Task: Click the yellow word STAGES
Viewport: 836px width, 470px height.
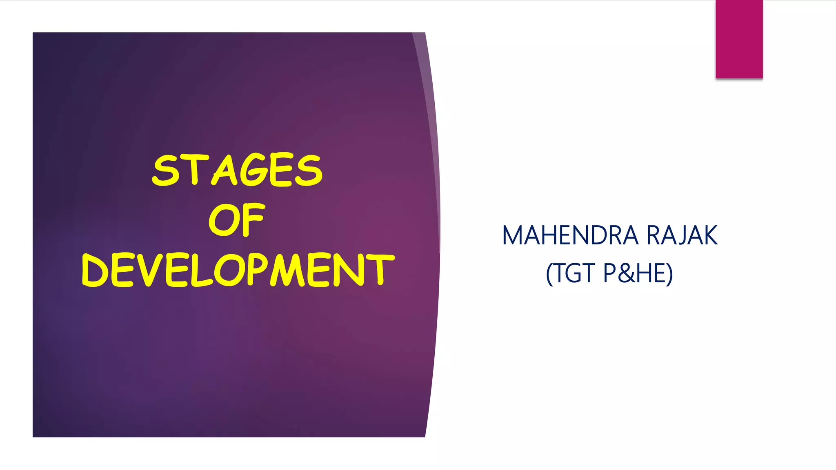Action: point(237,170)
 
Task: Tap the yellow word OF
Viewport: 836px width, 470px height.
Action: point(236,220)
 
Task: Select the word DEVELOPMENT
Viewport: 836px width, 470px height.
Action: point(238,270)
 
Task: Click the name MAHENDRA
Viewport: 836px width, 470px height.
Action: point(570,235)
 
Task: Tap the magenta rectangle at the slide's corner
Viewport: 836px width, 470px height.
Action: point(739,39)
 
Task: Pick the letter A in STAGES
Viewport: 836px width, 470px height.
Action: point(224,171)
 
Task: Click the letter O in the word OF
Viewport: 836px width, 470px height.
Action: point(222,221)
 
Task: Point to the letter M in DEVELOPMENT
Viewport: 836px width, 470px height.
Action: point(288,270)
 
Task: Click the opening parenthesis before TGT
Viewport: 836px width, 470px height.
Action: point(549,274)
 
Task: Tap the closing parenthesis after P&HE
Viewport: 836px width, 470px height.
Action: point(669,274)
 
